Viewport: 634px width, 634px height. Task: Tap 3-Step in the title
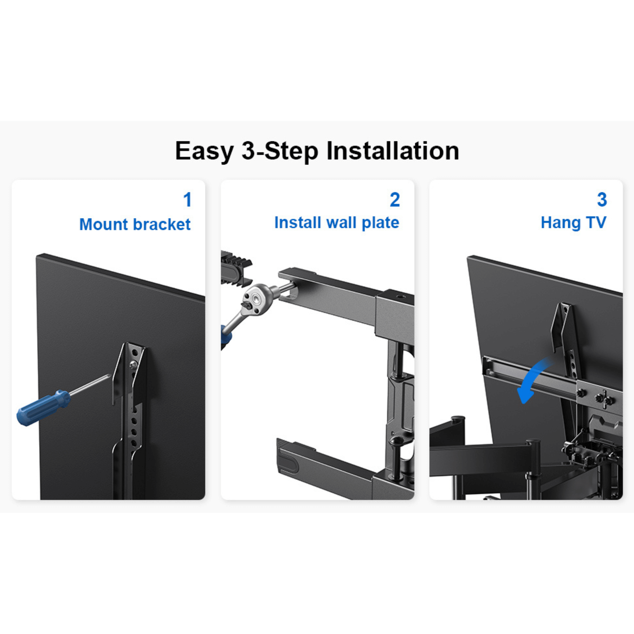coord(280,151)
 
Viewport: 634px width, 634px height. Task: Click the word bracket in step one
coord(162,224)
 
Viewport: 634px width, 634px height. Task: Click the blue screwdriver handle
coord(43,408)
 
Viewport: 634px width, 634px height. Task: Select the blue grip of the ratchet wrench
coord(226,336)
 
